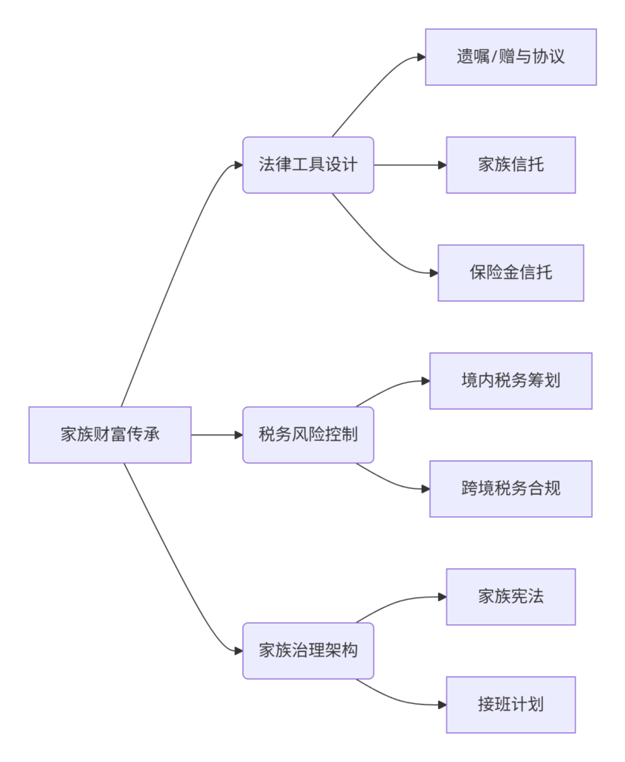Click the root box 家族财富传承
tap(110, 435)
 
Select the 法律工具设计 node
tap(308, 165)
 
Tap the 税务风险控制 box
tap(308, 435)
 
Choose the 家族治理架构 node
tap(308, 650)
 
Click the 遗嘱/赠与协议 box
tap(511, 57)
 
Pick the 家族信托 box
tap(511, 165)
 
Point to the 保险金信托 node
tap(511, 273)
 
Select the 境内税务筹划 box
tap(511, 381)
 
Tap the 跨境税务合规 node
tap(511, 489)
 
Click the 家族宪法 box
tap(511, 597)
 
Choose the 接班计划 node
tap(511, 705)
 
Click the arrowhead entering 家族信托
tap(442, 165)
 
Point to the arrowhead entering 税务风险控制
tap(239, 435)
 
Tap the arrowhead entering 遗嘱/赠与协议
tap(421, 57)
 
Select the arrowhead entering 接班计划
tap(442, 705)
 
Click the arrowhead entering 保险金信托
tap(434, 273)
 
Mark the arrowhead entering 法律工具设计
tap(239, 165)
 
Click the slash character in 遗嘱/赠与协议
tap(494, 57)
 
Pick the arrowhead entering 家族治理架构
tap(239, 650)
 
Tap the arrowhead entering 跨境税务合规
tap(426, 489)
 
